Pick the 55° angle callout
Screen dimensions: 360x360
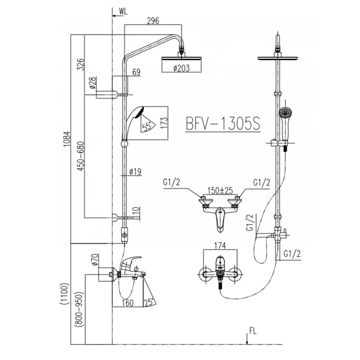(146, 126)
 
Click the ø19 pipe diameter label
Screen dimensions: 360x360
(136, 172)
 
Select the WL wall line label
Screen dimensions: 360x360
(123, 11)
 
